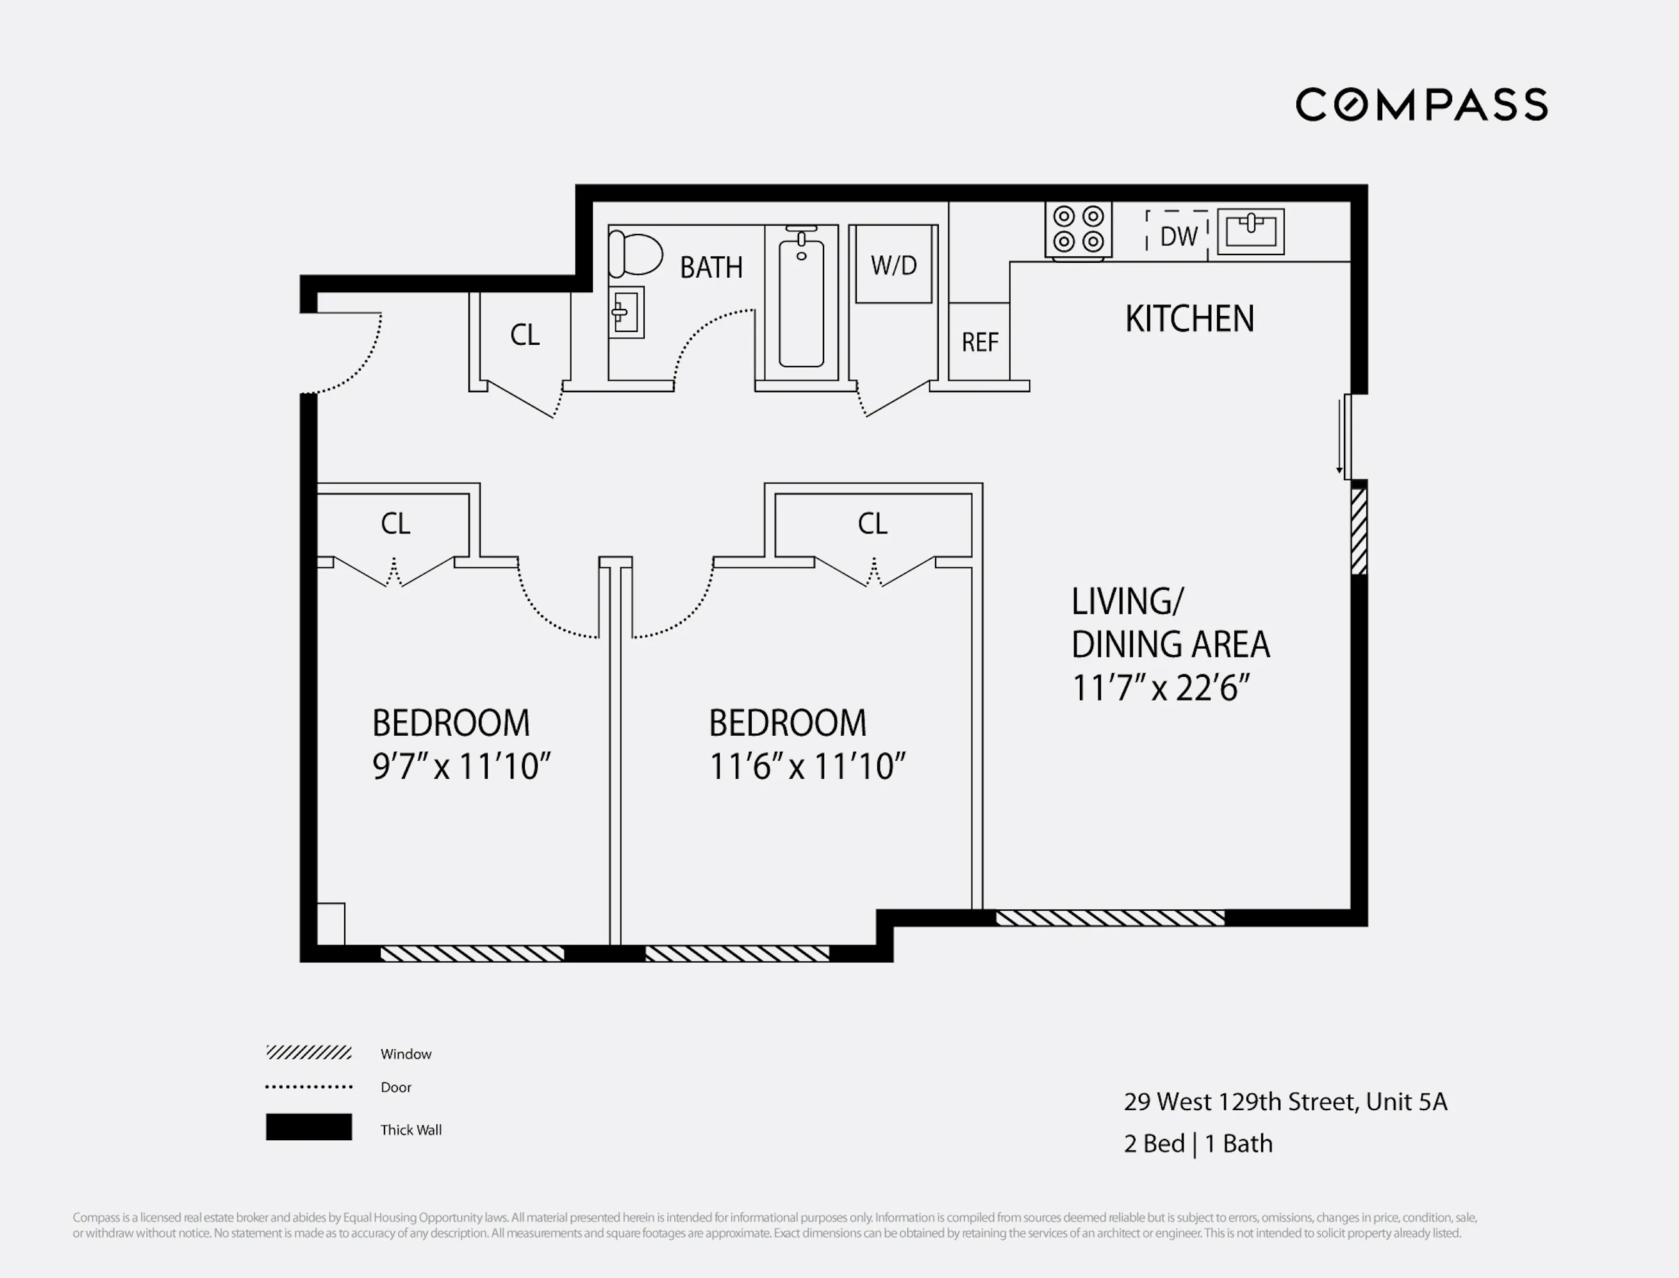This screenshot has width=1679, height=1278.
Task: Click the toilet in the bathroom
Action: (x=636, y=254)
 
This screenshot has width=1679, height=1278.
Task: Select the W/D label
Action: (x=893, y=265)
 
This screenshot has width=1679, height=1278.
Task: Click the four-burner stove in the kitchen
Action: (x=1079, y=229)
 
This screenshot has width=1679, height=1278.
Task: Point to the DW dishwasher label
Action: (x=1178, y=237)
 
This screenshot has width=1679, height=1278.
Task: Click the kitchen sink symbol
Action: (x=1251, y=231)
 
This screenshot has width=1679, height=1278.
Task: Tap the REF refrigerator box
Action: (x=979, y=342)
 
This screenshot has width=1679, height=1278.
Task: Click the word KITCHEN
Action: (x=1189, y=319)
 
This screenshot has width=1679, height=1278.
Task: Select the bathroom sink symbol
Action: (x=626, y=312)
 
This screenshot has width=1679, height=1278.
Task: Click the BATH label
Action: (x=711, y=268)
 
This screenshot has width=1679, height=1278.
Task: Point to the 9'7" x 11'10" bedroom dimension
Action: (x=461, y=767)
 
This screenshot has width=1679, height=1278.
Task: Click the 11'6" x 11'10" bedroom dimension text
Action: (x=807, y=767)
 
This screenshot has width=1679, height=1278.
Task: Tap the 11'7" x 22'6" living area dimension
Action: (x=1161, y=688)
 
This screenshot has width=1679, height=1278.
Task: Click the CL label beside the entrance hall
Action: (x=525, y=335)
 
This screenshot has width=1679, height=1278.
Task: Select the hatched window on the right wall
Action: (x=1359, y=530)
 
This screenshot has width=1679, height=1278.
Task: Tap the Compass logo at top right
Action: (x=1421, y=105)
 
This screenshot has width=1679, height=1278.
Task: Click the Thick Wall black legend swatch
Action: (x=309, y=1127)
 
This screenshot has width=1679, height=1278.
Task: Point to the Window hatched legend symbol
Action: (x=309, y=1053)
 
